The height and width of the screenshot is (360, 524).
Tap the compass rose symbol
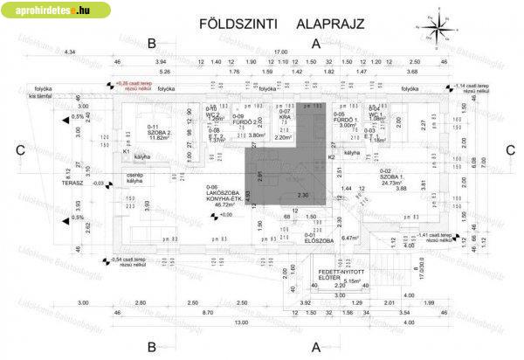pos(434,28)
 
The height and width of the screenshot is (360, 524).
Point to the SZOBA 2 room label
pos(159,130)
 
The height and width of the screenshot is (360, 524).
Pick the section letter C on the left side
pos(20,149)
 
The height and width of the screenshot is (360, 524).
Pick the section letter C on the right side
pos(509,149)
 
